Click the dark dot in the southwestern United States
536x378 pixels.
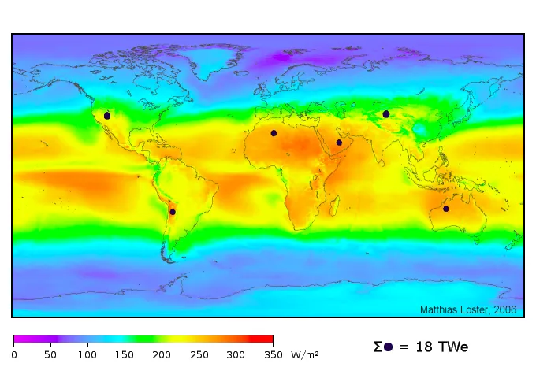click(107, 116)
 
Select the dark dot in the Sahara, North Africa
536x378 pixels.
click(274, 133)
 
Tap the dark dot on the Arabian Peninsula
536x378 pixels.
click(339, 143)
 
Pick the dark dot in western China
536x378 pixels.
click(386, 114)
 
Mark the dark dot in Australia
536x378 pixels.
click(446, 209)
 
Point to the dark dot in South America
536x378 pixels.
click(173, 212)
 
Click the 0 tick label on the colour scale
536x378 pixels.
click(14, 355)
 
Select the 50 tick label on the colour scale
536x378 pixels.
click(50, 355)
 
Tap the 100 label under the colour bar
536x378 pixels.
click(87, 355)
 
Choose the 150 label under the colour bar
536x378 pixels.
click(125, 355)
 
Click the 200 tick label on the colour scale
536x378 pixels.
click(162, 355)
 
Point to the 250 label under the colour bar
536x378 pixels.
click(199, 355)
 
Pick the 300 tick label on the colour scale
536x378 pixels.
click(236, 355)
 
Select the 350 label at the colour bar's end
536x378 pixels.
click(273, 355)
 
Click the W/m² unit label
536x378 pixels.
click(305, 354)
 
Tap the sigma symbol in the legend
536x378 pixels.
click(378, 346)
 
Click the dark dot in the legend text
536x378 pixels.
click(388, 347)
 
